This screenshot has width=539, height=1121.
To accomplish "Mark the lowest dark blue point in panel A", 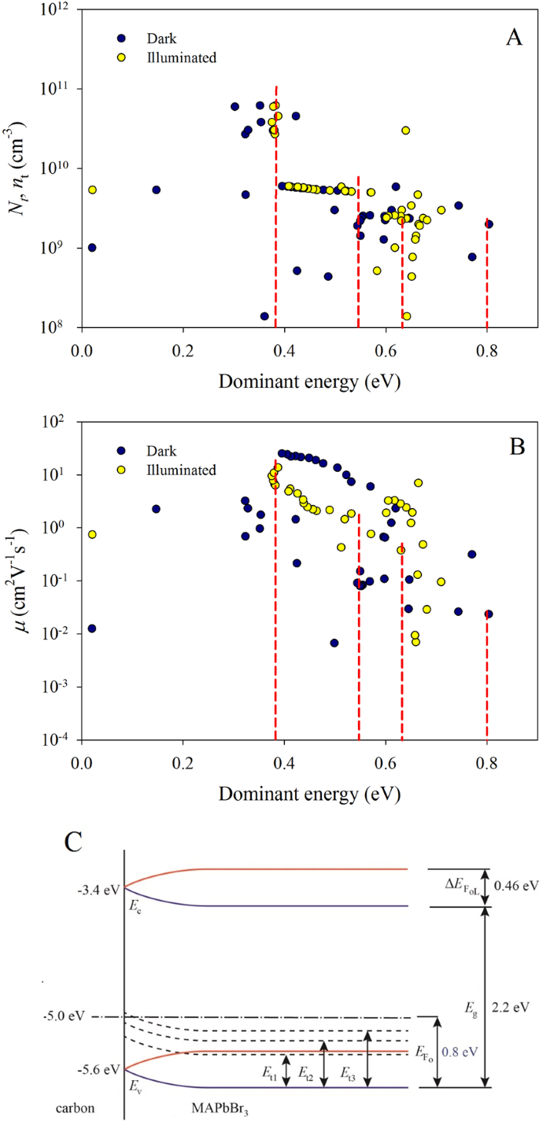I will pos(264,316).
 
